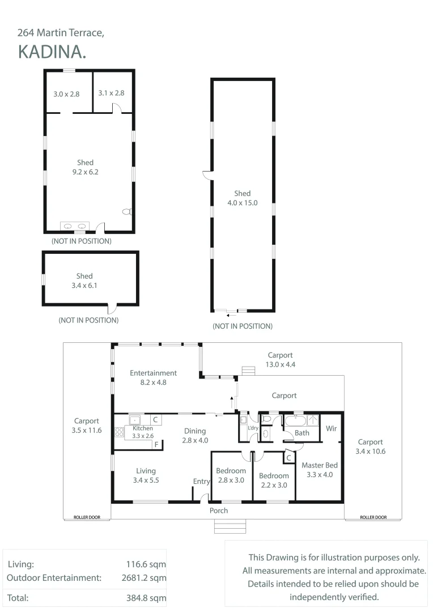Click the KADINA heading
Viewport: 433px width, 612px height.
point(52,52)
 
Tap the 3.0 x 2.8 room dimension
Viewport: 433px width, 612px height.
point(66,94)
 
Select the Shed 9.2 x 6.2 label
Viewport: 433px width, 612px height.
point(85,167)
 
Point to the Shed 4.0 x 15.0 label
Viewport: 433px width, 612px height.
point(243,198)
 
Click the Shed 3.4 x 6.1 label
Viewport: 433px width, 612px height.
point(84,280)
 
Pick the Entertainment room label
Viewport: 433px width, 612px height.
point(154,373)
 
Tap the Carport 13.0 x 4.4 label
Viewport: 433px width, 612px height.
point(281,359)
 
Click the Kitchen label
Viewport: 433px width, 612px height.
point(142,428)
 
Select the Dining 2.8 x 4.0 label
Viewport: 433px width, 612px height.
point(195,436)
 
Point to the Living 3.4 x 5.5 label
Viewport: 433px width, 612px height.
point(146,475)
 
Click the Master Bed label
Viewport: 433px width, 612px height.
point(320,465)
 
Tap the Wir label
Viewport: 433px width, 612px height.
point(331,428)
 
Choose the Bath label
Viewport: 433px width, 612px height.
point(302,433)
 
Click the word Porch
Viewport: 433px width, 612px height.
point(219,511)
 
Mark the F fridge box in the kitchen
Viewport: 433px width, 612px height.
point(156,445)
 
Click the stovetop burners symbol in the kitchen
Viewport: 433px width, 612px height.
point(120,432)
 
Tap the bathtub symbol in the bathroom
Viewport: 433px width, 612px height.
point(296,420)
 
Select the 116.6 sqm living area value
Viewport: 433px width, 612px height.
point(146,564)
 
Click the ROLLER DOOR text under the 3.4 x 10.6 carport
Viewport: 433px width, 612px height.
point(373,517)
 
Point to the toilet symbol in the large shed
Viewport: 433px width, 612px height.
point(127,212)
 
